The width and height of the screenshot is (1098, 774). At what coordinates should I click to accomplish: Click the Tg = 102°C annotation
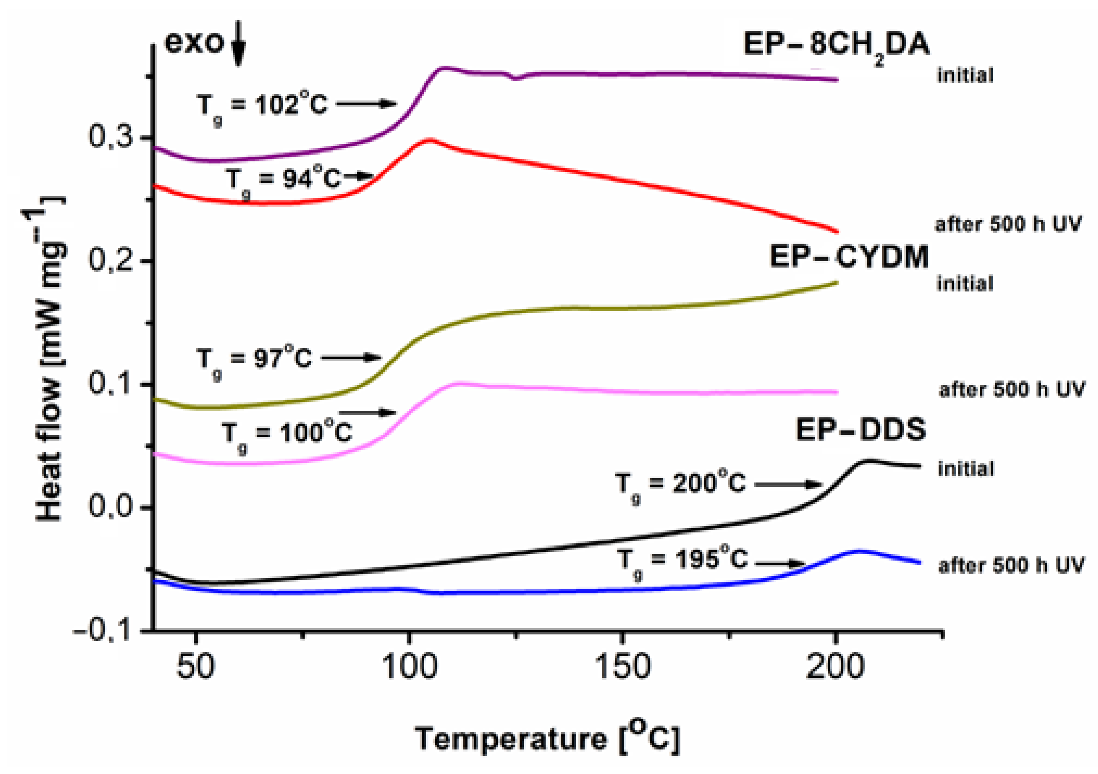[262, 106]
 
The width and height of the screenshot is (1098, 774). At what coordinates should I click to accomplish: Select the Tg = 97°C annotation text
[254, 359]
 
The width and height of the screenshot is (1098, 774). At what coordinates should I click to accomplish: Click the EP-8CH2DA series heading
[836, 46]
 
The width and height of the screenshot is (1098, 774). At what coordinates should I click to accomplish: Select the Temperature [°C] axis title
[547, 739]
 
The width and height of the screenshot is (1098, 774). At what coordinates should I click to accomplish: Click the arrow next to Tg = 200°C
[788, 485]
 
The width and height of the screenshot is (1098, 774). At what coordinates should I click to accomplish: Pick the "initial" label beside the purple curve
[965, 76]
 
